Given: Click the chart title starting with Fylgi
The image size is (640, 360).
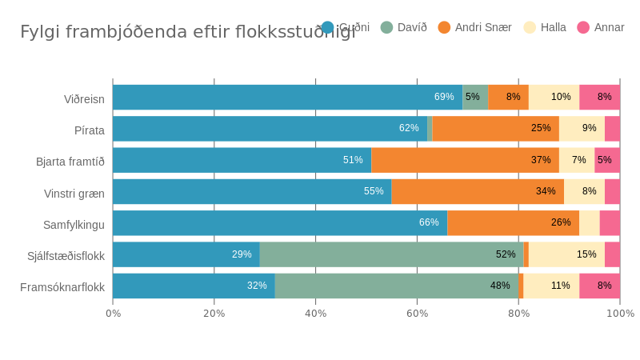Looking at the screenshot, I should tap(187, 32).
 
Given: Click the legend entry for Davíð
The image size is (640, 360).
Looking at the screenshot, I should tap(404, 27).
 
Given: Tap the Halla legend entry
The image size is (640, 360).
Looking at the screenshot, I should tap(545, 27).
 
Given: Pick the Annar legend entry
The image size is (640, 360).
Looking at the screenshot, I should tap(601, 27).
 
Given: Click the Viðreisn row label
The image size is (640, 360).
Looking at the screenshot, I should tap(84, 99).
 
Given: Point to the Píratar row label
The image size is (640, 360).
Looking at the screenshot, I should tap(89, 130).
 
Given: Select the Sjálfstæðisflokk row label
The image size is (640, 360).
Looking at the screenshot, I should tap(66, 256).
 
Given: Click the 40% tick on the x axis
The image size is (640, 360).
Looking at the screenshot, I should tap(315, 313).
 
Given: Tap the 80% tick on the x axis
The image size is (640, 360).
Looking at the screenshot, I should tap(518, 313).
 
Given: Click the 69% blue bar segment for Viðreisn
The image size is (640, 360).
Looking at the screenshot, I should tap(287, 98).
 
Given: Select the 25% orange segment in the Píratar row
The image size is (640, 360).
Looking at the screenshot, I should tap(495, 129).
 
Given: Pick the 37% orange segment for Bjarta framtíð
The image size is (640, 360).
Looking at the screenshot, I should tap(465, 160).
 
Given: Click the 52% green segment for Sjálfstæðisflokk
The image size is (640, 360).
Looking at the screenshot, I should tap(391, 254).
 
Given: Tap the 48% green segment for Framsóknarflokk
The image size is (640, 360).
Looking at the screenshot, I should tap(396, 286).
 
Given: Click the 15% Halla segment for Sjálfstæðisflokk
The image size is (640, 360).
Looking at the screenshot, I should tap(566, 254).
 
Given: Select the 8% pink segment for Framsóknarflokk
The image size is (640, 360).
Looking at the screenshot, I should tap(599, 286).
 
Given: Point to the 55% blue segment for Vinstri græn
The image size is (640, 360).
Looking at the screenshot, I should tap(252, 192).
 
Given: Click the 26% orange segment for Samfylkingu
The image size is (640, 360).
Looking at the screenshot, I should tap(513, 223).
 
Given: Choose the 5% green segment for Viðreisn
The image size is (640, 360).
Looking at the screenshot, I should tap(475, 98).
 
